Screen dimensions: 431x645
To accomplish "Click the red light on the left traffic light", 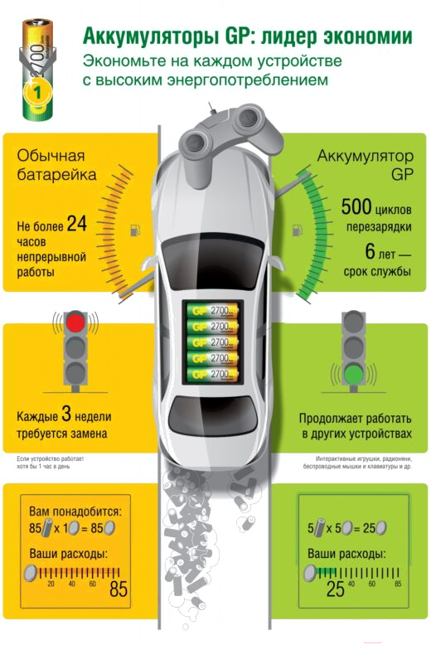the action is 75,322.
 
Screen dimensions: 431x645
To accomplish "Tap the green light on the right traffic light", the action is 353,374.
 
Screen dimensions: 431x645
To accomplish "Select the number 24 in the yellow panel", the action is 77,224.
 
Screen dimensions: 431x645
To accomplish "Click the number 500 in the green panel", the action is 356,206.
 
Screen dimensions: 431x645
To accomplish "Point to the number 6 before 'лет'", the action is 370,251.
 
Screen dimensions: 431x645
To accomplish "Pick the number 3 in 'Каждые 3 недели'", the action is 66,414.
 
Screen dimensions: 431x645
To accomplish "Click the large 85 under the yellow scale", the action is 119,589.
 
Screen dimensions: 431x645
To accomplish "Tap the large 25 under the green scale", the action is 335,589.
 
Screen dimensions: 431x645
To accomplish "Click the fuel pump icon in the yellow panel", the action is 135,230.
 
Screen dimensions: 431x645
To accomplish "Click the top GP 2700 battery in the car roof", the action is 213,310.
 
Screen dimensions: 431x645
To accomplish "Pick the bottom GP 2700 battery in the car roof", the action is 213,375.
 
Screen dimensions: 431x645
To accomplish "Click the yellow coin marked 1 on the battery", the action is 38,92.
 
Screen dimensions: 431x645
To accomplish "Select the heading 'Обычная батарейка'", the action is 56,165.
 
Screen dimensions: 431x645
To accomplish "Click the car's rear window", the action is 213,416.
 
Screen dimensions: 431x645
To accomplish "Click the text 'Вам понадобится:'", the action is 75,512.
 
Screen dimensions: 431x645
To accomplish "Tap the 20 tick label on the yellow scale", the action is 51,584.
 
